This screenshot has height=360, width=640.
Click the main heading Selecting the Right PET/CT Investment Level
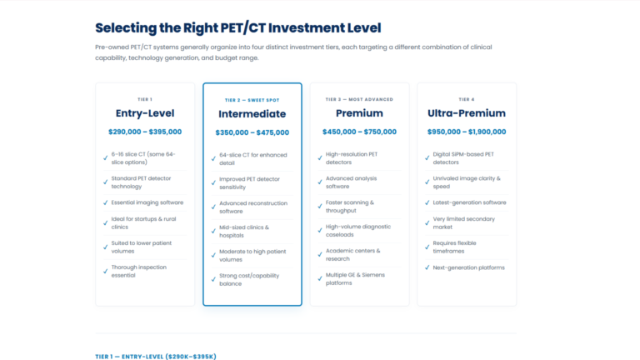tap(238, 28)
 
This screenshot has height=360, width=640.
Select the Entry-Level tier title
tap(145, 113)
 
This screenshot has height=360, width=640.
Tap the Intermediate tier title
tap(252, 114)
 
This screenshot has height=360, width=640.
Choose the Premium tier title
tap(359, 113)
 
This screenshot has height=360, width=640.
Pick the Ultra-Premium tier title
tap(467, 113)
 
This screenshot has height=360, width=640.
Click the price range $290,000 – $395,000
tap(145, 132)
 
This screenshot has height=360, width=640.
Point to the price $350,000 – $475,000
tap(252, 132)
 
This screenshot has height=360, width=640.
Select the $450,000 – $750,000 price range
tap(359, 132)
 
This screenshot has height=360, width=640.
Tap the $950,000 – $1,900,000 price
tap(467, 132)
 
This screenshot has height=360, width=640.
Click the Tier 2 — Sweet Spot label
tap(252, 100)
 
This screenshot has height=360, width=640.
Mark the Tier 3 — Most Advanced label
tap(359, 99)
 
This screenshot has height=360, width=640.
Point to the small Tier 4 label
tap(467, 99)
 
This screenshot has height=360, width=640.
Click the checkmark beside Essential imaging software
tap(105, 202)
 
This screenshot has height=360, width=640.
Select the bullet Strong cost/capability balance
tap(249, 280)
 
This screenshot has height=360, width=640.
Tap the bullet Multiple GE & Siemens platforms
tap(355, 279)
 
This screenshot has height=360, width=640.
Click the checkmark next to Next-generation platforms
tap(427, 267)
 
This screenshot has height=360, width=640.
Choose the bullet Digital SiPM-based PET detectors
tap(463, 158)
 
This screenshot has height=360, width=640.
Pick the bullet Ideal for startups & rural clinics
tap(143, 222)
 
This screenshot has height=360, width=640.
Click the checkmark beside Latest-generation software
tap(427, 202)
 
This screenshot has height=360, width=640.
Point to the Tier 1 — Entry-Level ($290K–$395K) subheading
tap(156, 357)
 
